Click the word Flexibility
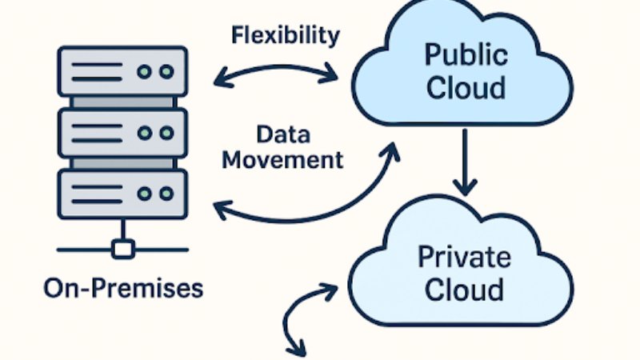[x=286, y=35]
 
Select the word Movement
[x=282, y=158]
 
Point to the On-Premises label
[x=123, y=286]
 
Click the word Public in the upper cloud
[x=466, y=55]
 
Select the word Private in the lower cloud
[x=464, y=258]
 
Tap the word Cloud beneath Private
[x=464, y=289]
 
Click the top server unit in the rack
[x=122, y=72]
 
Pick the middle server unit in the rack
[x=122, y=133]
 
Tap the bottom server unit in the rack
[x=122, y=194]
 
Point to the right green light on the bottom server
[x=166, y=194]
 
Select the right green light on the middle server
[x=166, y=133]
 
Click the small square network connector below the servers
[x=122, y=250]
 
